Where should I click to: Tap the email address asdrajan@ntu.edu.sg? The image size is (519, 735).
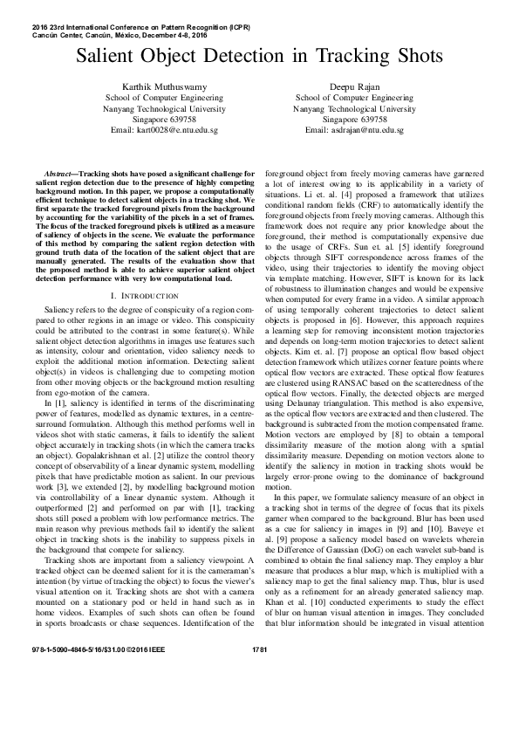(x=353, y=128)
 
